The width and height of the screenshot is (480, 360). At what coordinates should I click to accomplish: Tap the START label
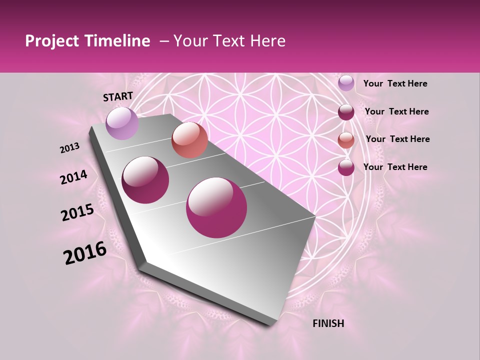coord(118,96)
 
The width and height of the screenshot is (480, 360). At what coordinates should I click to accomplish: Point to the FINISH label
coord(328,323)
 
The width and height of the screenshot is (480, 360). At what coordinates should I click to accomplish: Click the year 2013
coord(70,148)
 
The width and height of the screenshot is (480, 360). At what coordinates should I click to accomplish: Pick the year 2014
coord(74,177)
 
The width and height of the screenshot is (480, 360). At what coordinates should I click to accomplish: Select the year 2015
coord(77,212)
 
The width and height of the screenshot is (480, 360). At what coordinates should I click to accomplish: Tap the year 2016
coord(85,253)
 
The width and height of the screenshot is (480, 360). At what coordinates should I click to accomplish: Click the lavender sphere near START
coord(122,123)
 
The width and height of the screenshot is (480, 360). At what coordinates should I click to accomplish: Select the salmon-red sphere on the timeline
coord(189,140)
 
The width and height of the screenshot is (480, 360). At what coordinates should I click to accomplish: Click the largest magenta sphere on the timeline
coord(216,207)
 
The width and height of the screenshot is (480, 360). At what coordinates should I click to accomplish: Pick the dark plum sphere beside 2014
coord(145,180)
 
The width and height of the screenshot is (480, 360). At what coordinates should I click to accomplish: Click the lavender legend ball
coord(346,83)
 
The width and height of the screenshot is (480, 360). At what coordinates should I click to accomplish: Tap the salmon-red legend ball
coord(346,140)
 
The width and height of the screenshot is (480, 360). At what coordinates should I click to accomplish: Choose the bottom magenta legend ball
coord(346,167)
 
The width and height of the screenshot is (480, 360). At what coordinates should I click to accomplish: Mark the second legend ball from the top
coord(346,112)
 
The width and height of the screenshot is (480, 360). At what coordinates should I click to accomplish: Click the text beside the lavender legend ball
coord(395,84)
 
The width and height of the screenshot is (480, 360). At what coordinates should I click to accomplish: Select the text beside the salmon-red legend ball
coord(397,139)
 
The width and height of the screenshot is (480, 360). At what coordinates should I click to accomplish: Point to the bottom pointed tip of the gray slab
coord(270,324)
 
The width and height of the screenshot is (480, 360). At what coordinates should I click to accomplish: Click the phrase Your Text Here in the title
coord(229,41)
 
